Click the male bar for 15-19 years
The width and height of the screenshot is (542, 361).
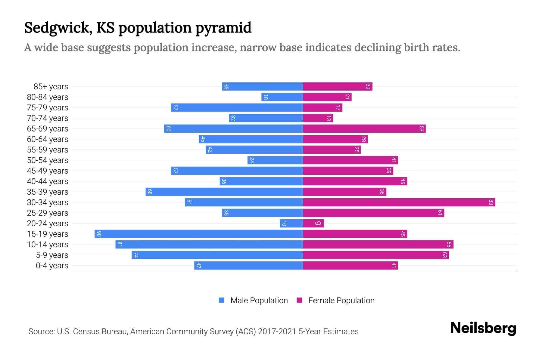click(199, 234)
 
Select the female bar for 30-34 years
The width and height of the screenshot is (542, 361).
click(399, 202)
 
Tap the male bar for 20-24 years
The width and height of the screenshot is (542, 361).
click(291, 223)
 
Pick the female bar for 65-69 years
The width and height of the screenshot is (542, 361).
click(364, 128)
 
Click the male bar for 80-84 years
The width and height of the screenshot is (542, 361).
click(282, 97)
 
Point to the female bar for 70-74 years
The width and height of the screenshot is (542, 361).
click(318, 118)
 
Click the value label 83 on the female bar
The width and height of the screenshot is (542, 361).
click(491, 202)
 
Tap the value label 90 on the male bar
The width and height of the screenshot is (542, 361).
click(99, 234)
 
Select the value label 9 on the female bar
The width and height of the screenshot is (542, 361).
click(318, 223)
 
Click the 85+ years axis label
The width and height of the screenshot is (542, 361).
click(51, 87)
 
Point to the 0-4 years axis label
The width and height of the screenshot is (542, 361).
click(52, 266)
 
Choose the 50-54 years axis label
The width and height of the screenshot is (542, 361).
click(48, 160)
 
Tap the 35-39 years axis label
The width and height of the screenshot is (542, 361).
click(48, 192)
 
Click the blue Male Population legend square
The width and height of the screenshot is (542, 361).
click(222, 300)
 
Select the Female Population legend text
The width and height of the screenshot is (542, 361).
click(341, 300)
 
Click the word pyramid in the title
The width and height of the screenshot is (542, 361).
click(223, 28)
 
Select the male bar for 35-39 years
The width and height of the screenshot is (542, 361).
click(224, 192)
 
